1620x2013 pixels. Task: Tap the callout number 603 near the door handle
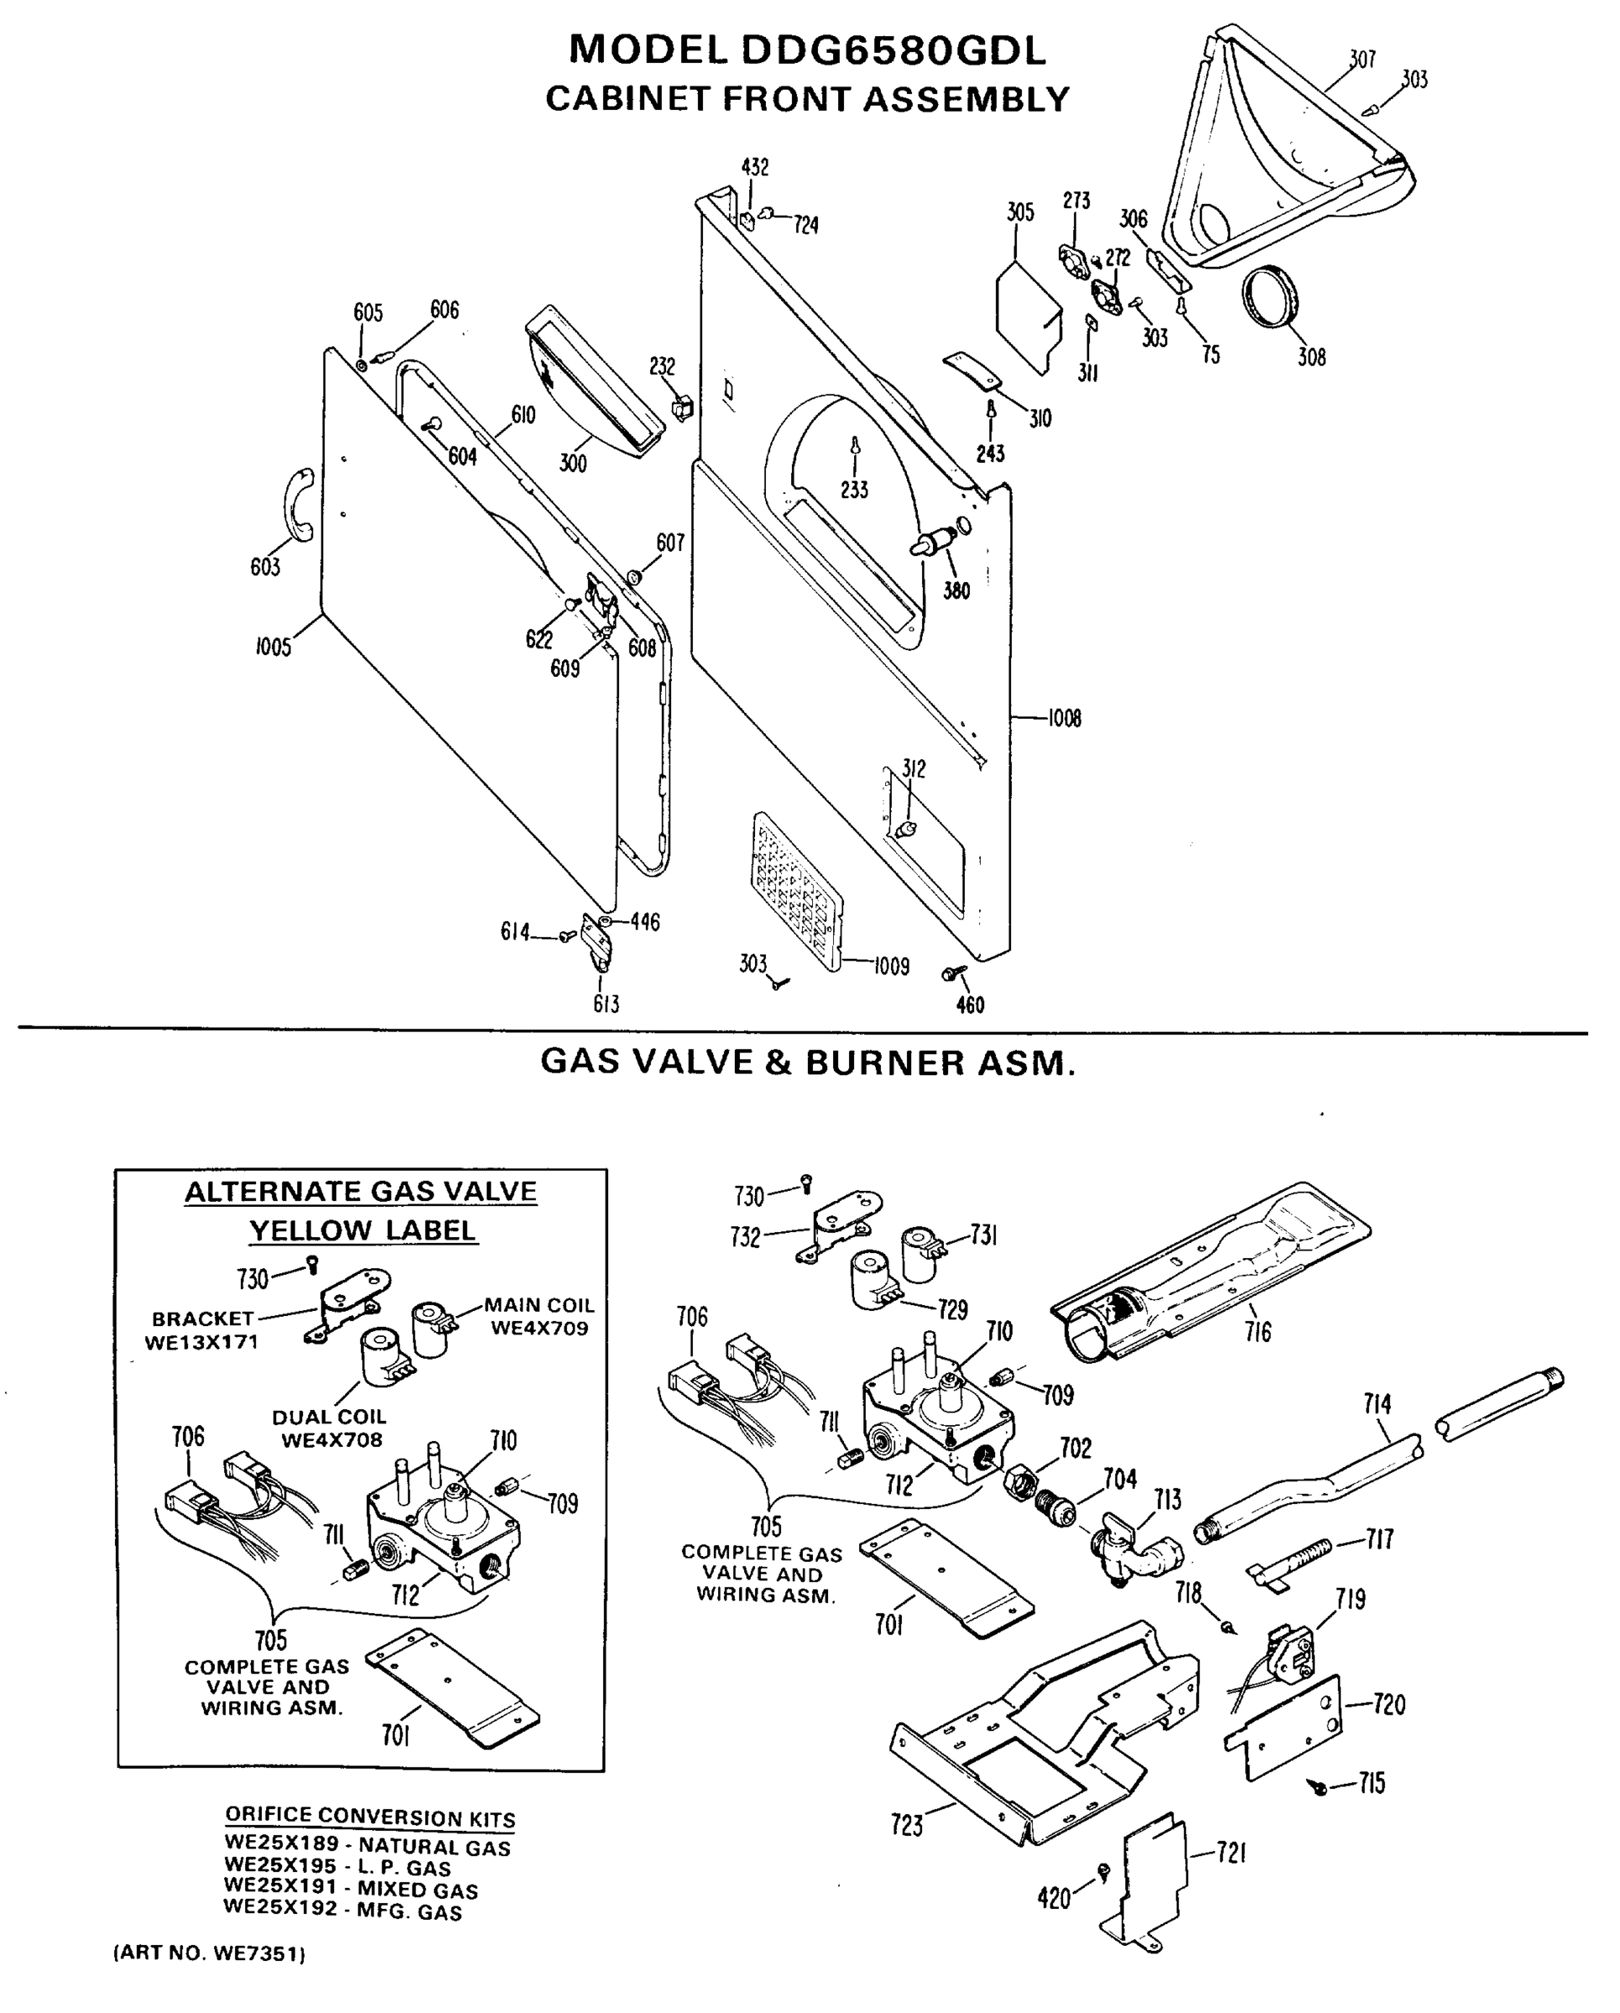(265, 567)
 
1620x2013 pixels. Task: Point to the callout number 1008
(1064, 718)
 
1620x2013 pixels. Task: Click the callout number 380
(956, 590)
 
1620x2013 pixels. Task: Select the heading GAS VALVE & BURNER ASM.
(808, 1063)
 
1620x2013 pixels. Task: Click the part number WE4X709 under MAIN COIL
(539, 1329)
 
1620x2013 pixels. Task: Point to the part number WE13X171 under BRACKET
(201, 1342)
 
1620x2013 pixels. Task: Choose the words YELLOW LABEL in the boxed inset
(362, 1230)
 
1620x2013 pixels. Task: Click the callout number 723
(907, 1824)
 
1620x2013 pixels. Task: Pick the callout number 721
(1232, 1854)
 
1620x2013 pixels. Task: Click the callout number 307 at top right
(1362, 59)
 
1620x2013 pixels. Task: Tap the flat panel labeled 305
(1028, 316)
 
